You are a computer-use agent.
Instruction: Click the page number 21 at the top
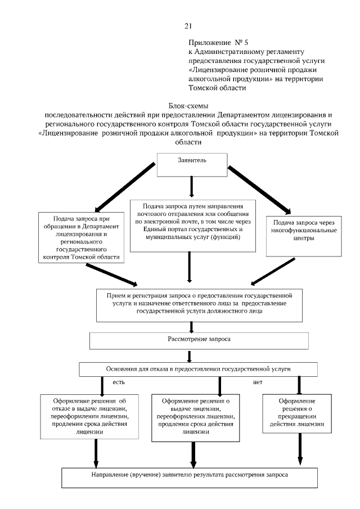(x=188, y=25)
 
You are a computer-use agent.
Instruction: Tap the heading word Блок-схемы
(x=188, y=106)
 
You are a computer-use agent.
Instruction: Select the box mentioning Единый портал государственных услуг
(x=192, y=224)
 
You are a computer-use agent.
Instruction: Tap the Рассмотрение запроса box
(x=199, y=340)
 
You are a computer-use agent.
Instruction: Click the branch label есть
(x=118, y=382)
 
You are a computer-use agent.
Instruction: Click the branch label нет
(x=258, y=382)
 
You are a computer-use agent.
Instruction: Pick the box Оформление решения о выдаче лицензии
(x=192, y=416)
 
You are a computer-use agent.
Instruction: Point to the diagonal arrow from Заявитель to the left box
(x=123, y=186)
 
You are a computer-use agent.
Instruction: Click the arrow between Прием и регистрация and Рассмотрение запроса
(x=192, y=326)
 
